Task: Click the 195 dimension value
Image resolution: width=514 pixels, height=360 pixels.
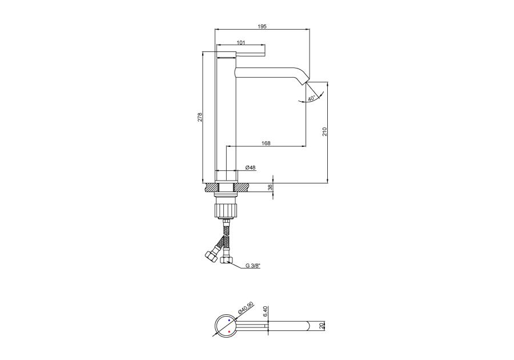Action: point(262,26)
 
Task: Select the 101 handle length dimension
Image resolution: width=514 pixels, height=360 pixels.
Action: point(241,42)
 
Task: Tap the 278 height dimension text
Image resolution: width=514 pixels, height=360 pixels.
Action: point(200,117)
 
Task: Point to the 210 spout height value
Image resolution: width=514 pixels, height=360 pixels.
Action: point(324,131)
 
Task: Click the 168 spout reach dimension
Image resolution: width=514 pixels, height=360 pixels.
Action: point(266,143)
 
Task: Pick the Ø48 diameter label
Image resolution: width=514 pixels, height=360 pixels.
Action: point(251,167)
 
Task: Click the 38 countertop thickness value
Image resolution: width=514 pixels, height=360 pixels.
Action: point(270,187)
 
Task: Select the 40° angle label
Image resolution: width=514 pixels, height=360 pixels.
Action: point(311,98)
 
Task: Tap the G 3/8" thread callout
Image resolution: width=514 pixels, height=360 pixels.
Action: point(253,266)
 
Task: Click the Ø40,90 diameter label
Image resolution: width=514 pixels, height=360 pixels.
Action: point(246,308)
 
